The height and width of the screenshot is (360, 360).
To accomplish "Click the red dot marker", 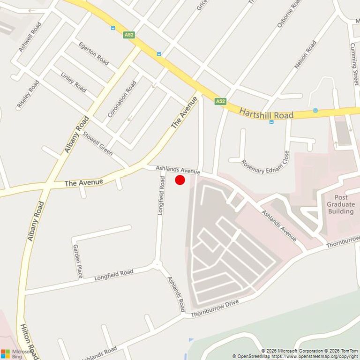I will point(180,180).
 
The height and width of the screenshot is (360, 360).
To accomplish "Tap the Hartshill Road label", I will point(266,113).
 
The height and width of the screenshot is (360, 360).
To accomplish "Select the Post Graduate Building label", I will point(341,204).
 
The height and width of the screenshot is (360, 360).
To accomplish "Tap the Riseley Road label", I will point(28,94).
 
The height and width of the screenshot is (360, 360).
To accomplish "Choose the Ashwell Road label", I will point(30,37).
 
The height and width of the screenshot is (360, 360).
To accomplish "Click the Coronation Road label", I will point(122,99).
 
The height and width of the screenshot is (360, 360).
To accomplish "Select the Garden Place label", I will point(78,261).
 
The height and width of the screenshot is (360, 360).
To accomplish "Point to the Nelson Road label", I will point(305,55).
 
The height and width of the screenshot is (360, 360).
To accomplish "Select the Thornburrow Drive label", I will point(215,308).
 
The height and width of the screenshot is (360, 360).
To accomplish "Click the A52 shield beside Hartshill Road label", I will point(220,101).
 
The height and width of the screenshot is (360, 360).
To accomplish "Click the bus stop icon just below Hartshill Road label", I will point(271,122).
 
